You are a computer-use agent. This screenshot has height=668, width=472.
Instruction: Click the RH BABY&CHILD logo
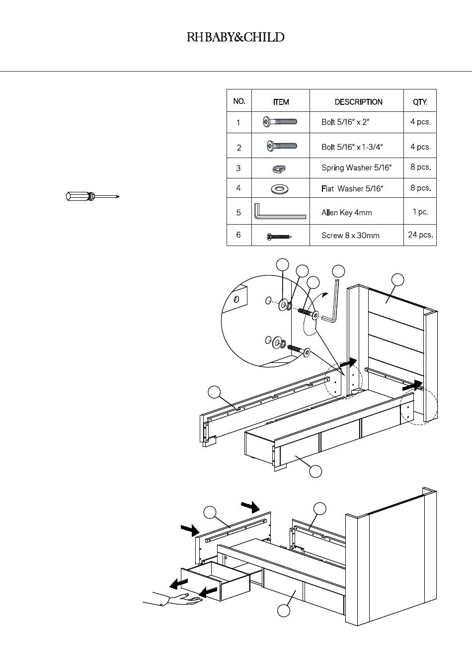pyautogui.click(x=236, y=37)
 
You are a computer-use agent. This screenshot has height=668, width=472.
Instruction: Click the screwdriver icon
pyautogui.click(x=92, y=196)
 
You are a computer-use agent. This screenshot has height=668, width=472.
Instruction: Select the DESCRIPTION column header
pyautogui.click(x=358, y=102)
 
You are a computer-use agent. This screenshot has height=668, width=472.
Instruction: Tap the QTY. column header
pyautogui.click(x=420, y=102)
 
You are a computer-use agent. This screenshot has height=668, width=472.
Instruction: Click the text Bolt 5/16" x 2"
pyautogui.click(x=345, y=122)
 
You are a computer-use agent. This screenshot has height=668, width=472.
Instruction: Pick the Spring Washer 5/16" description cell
pyautogui.click(x=356, y=168)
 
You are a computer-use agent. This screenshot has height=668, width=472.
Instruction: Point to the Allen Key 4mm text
pyautogui.click(x=346, y=213)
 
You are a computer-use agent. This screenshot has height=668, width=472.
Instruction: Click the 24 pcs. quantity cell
pyautogui.click(x=420, y=235)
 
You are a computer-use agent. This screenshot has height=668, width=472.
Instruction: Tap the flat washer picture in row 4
pyautogui.click(x=280, y=189)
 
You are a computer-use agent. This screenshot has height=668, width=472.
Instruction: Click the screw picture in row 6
pyautogui.click(x=279, y=237)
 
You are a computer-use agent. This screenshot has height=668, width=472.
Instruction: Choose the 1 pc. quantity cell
pyautogui.click(x=420, y=212)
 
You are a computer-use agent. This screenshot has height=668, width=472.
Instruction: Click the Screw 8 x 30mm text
pyautogui.click(x=350, y=236)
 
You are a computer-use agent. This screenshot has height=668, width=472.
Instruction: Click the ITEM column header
pyautogui.click(x=281, y=102)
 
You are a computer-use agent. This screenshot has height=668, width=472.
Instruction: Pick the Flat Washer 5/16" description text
pyautogui.click(x=352, y=189)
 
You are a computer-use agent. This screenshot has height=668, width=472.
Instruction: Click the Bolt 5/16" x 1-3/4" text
pyautogui.click(x=352, y=147)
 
